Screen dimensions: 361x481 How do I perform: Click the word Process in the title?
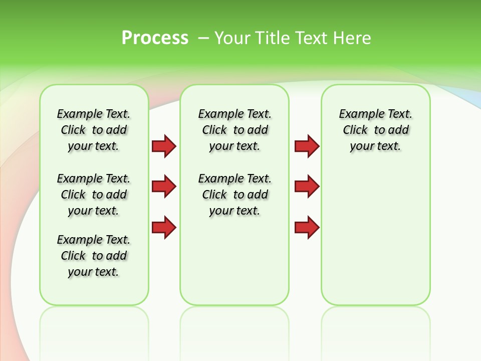click(x=155, y=38)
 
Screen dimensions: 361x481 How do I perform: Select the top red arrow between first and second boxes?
click(x=164, y=146)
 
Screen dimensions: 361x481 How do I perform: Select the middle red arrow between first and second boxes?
click(x=164, y=187)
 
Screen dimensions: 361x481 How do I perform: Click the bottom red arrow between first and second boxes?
click(x=164, y=228)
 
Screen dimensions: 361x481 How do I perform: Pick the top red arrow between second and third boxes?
click(x=307, y=146)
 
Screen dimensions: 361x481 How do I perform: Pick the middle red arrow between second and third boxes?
click(x=307, y=187)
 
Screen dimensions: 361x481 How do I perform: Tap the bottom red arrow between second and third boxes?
click(x=307, y=228)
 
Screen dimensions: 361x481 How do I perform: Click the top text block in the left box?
click(x=94, y=130)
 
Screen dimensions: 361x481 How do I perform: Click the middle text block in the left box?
click(x=94, y=195)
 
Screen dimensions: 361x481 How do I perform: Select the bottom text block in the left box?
click(x=94, y=256)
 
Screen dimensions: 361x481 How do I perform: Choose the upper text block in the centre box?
click(x=234, y=130)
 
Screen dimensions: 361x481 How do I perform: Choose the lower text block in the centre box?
click(x=234, y=195)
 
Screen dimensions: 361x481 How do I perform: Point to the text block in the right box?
click(x=375, y=130)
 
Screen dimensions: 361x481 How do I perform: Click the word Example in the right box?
click(x=357, y=114)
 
